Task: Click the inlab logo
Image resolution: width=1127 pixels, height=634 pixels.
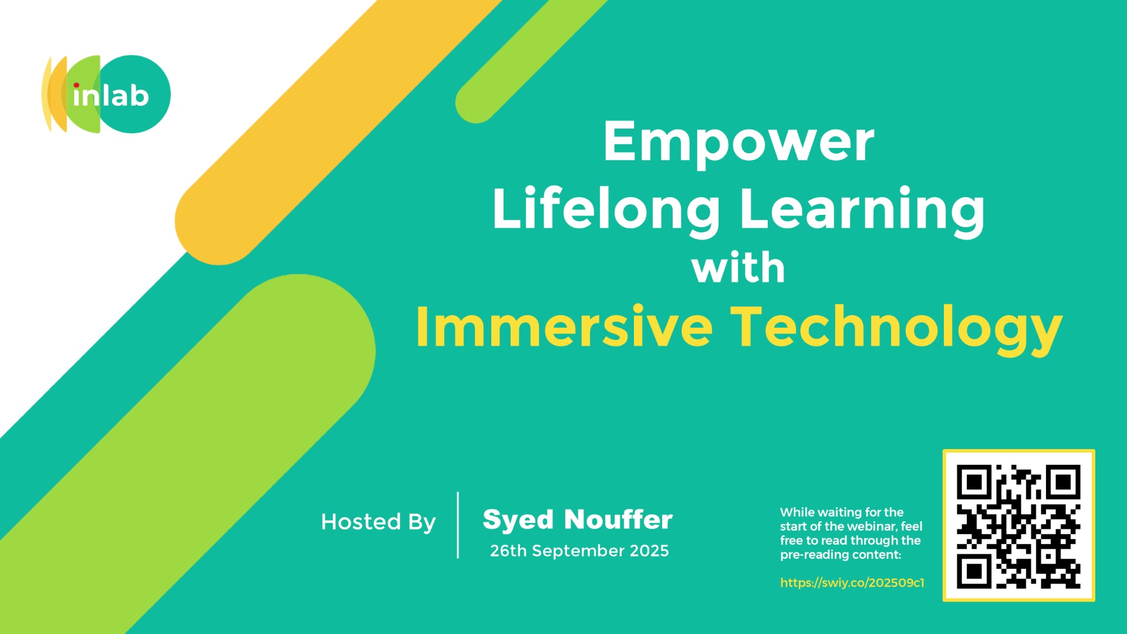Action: [x=106, y=94]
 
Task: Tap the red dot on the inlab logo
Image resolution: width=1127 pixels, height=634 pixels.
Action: [x=76, y=86]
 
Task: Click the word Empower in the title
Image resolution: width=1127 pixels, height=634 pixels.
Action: [x=738, y=143]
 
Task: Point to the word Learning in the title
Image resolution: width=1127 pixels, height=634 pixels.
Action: [x=862, y=210]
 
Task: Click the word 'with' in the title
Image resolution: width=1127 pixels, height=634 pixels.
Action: [x=738, y=268]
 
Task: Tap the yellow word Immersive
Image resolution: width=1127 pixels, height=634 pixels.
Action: [x=564, y=326]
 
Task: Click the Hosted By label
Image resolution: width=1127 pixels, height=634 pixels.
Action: [x=379, y=522]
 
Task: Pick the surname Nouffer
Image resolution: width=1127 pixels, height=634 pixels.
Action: [x=619, y=520]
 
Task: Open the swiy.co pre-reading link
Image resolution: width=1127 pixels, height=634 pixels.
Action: [x=852, y=583]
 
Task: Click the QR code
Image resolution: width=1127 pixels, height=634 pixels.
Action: [x=1019, y=525]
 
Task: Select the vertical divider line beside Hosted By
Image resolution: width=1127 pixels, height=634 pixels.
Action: [x=458, y=525]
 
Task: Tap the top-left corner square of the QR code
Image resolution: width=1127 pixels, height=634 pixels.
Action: [x=974, y=483]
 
